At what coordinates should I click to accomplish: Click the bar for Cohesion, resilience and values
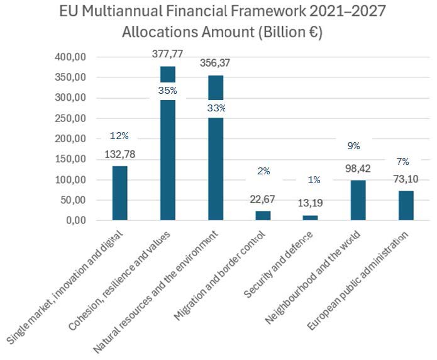pos(168,157)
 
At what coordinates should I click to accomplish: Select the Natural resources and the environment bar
pos(216,164)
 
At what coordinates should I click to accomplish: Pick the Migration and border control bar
pos(262,215)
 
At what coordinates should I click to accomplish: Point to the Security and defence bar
pos(310,218)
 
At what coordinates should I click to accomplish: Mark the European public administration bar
pos(406,205)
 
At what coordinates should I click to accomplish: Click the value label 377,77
pos(168,55)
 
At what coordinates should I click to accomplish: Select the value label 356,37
pos(216,63)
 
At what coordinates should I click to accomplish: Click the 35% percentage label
pos(168,91)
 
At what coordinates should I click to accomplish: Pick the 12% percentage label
pos(119,136)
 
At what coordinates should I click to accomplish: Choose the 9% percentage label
pos(353,146)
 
